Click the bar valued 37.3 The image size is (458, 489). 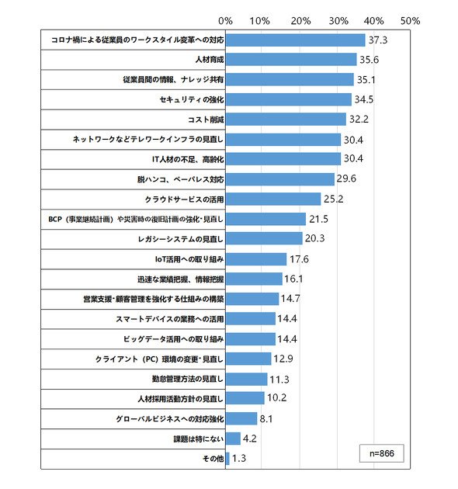tap(295, 40)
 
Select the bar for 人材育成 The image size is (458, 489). tap(291, 60)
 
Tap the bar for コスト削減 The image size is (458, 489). tap(286, 119)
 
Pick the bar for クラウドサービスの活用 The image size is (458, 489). tap(273, 199)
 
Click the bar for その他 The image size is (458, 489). tap(227, 459)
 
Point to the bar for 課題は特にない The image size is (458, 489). tap(233, 439)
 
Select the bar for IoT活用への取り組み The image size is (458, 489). tap(256, 258)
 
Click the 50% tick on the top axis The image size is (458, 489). tap(411, 21)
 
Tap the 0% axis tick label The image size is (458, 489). tap(225, 21)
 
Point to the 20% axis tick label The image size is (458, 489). tap(300, 21)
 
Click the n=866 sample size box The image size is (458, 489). tap(382, 453)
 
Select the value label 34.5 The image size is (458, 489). tap(364, 99)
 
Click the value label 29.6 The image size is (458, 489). tap(346, 179)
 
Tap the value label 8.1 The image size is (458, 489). tap(266, 419)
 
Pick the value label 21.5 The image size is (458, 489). tap(318, 219)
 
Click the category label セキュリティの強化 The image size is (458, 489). tap(192, 100)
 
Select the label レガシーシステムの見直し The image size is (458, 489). tap(181, 239)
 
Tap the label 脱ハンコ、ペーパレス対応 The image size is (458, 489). tap(181, 179)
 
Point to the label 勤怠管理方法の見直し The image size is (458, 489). tap(188, 379)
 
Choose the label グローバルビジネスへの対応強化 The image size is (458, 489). tap(170, 419)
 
